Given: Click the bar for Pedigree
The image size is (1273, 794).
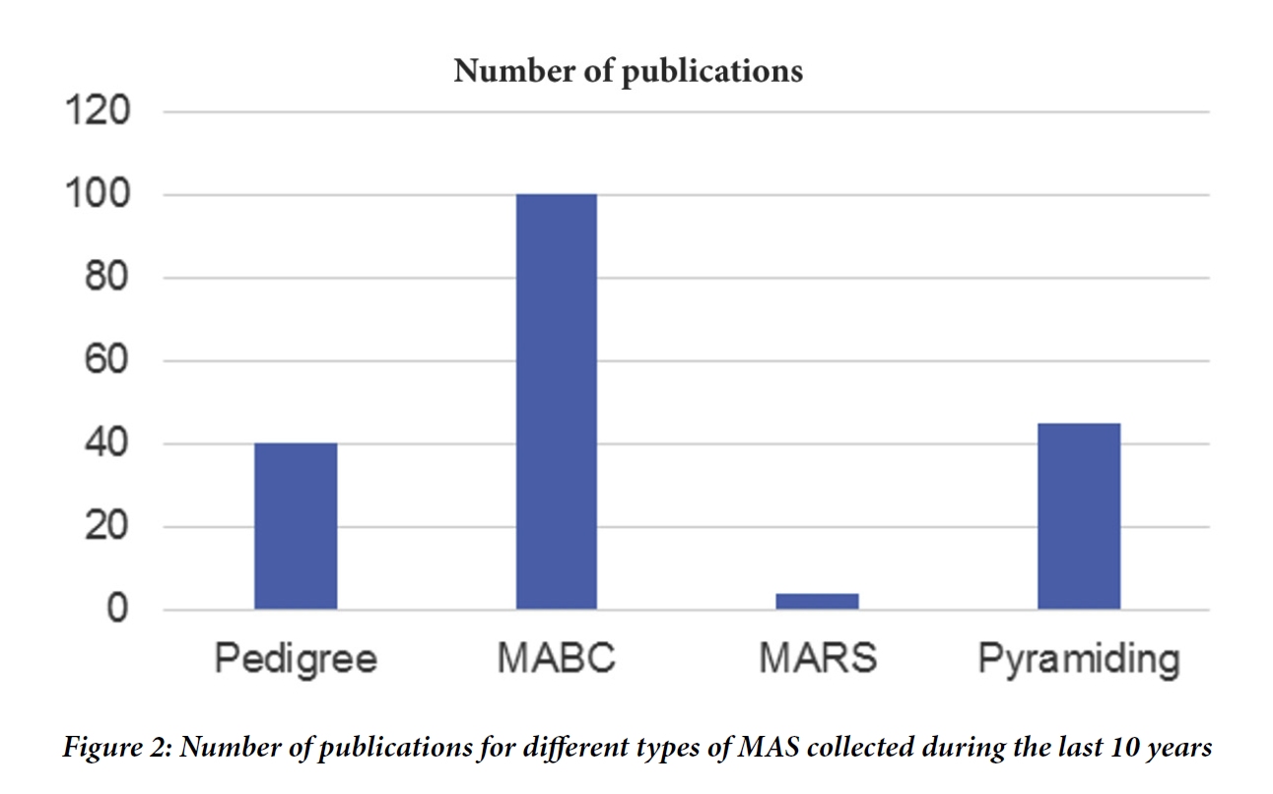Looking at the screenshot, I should (x=296, y=526).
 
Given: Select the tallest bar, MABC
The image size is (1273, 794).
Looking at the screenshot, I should (x=556, y=402).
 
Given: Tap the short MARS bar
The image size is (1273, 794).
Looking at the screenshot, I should (x=817, y=601).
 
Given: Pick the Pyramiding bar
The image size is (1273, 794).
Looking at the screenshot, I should (x=1079, y=516).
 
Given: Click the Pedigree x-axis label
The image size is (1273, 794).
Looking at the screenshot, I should (x=296, y=658).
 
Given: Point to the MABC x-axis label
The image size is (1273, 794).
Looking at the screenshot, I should (x=556, y=658).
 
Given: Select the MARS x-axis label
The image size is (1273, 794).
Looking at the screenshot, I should (x=818, y=658).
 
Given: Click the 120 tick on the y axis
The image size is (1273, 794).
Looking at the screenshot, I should (x=98, y=112).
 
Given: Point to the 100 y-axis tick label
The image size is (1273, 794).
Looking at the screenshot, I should (x=98, y=195).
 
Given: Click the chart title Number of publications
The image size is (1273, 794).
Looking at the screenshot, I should (x=628, y=71).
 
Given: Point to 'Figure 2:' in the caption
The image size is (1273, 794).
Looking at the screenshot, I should (x=115, y=749).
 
